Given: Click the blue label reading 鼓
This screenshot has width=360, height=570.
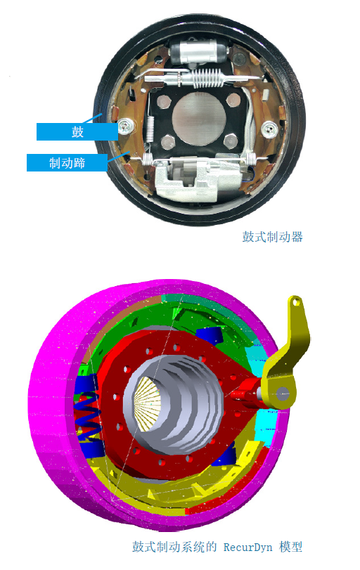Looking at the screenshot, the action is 77,131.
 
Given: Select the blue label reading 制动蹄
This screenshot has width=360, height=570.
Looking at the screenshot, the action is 67,162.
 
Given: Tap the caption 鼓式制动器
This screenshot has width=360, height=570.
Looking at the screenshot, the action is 272,237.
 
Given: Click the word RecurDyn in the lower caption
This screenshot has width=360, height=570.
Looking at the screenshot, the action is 247,547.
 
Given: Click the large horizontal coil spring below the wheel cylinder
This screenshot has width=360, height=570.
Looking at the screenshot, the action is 207,79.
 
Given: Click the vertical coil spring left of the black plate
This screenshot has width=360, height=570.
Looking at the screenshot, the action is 150,129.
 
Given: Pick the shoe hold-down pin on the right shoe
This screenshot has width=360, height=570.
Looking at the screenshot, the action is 269,128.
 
